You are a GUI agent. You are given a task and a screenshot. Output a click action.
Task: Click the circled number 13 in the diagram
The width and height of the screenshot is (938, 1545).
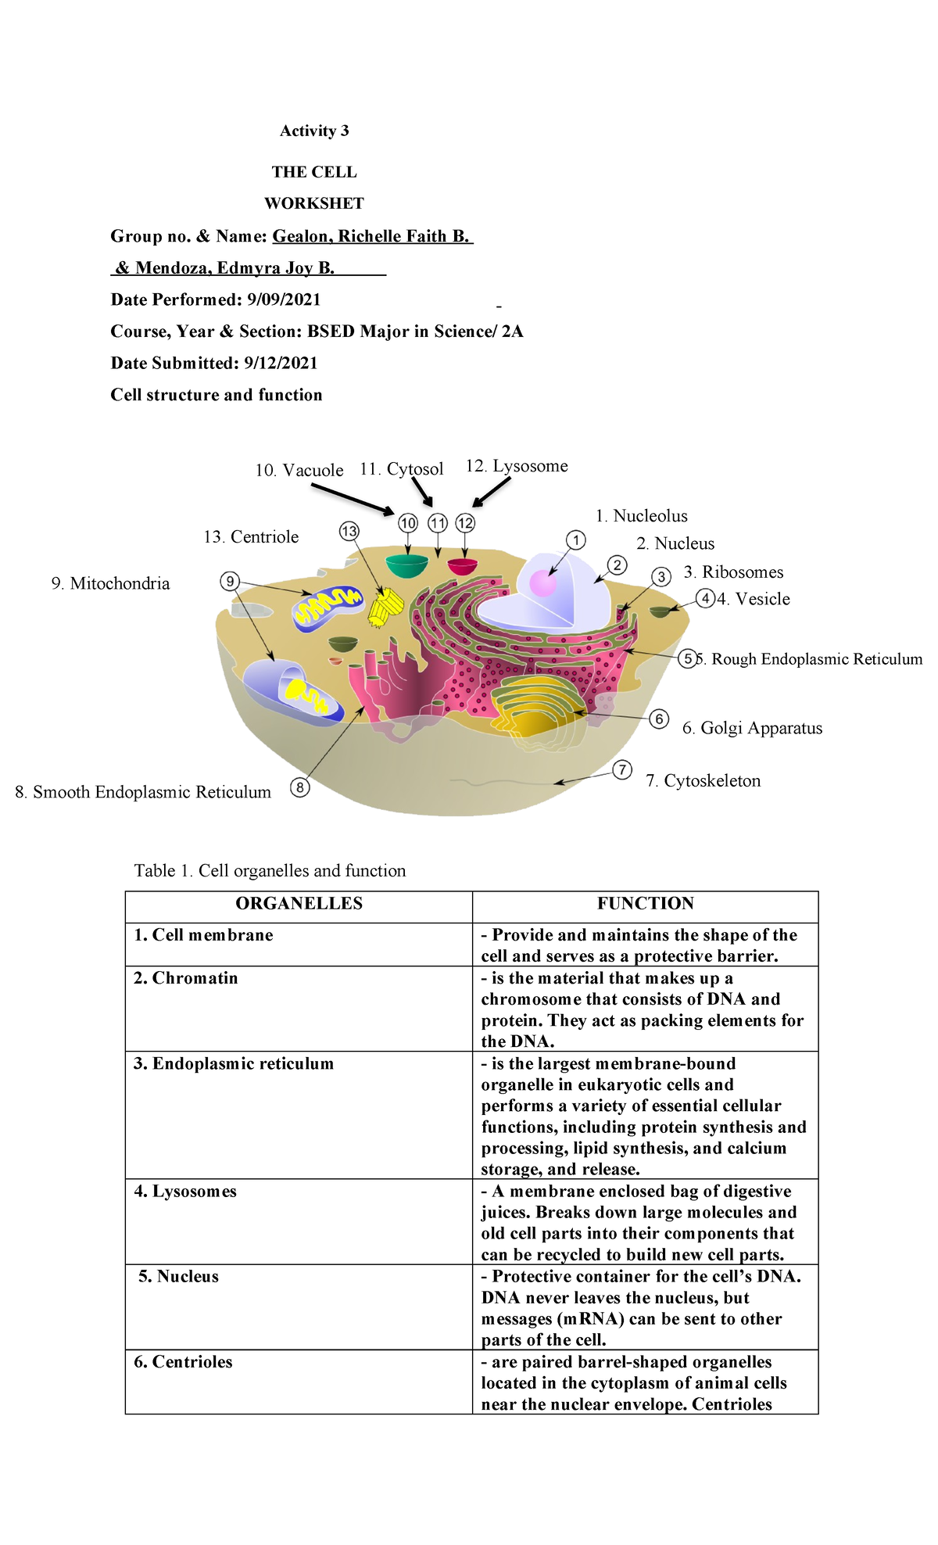point(349,532)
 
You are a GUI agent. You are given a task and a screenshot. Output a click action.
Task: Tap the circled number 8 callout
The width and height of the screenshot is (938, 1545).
point(299,787)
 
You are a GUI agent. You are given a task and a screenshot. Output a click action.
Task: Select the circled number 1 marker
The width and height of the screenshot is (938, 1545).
point(575,539)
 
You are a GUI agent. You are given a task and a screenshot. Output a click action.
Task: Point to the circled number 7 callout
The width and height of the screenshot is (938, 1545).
point(621,770)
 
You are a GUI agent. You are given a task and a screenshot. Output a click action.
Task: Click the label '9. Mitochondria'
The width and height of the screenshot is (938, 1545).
point(110,583)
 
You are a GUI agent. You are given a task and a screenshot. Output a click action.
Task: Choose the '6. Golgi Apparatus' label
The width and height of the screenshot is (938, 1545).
point(752,728)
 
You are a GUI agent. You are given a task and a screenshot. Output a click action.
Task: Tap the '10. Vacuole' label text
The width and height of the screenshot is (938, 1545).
point(299,470)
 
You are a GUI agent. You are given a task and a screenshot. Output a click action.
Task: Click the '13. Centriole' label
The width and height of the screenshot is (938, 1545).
point(251,536)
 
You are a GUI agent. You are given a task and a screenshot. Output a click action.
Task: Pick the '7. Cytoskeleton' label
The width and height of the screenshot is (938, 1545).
point(703,780)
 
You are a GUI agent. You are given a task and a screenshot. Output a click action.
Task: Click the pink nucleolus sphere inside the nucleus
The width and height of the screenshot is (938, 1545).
point(542,583)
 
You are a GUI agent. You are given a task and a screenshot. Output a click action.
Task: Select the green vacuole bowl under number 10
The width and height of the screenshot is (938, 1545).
point(407,565)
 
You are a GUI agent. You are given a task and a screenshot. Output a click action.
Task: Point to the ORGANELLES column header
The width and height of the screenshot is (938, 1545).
point(299,903)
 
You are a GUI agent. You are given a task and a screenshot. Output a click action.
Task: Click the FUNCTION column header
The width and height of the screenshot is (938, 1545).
point(645,903)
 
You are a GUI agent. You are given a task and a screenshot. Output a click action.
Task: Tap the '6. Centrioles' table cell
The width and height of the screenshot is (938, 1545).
point(183,1361)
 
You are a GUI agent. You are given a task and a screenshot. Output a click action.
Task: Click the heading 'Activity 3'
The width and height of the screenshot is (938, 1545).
point(314,131)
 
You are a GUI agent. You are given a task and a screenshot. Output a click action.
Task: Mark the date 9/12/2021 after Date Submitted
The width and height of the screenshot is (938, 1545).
point(281,363)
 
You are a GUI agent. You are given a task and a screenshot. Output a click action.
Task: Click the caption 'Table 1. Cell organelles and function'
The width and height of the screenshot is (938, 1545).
point(270,870)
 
